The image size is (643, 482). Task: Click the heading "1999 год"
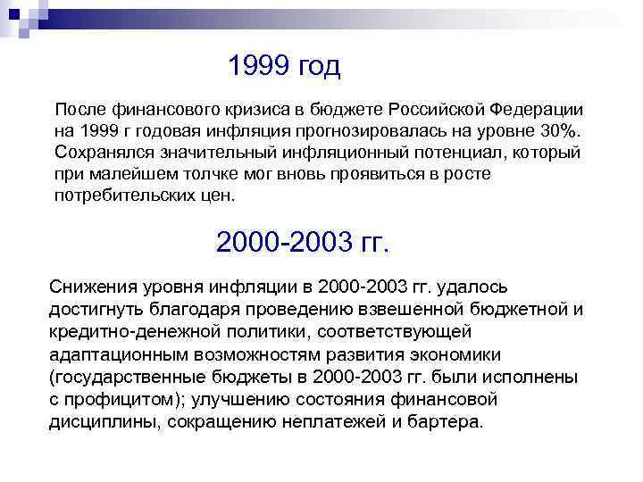(284, 66)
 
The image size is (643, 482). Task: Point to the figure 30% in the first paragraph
(559, 131)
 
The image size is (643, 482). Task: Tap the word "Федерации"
(537, 110)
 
